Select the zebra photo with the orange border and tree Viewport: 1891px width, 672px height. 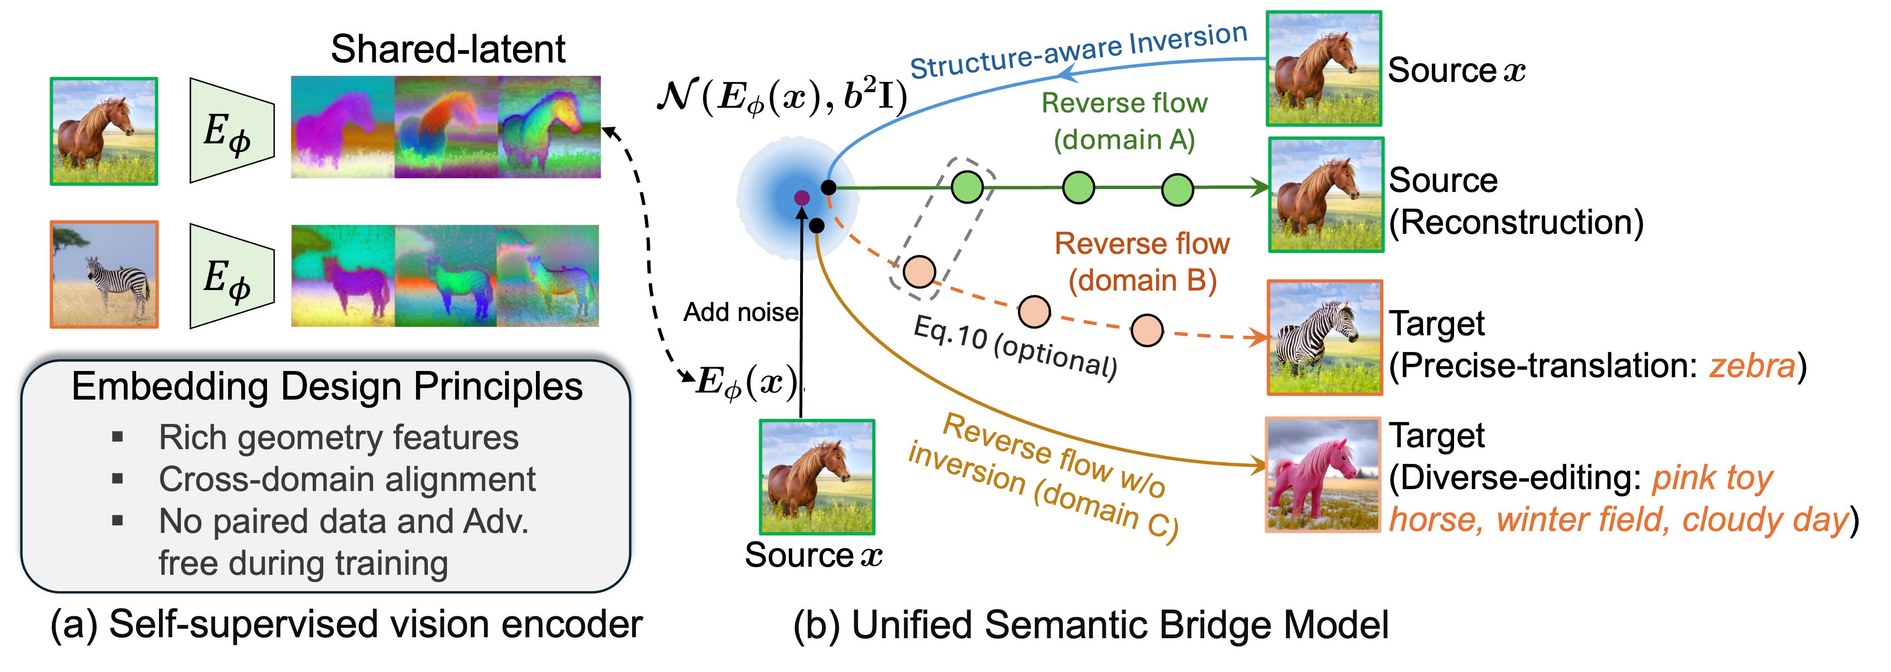(x=104, y=275)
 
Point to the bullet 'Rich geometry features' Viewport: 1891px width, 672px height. (x=338, y=438)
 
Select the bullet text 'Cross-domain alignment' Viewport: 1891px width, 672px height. (x=347, y=480)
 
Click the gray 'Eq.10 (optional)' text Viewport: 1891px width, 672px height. (x=1015, y=347)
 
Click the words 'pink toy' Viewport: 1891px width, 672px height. (x=1712, y=478)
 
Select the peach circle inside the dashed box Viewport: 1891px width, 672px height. (x=918, y=272)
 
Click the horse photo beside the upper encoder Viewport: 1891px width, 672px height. (x=104, y=131)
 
